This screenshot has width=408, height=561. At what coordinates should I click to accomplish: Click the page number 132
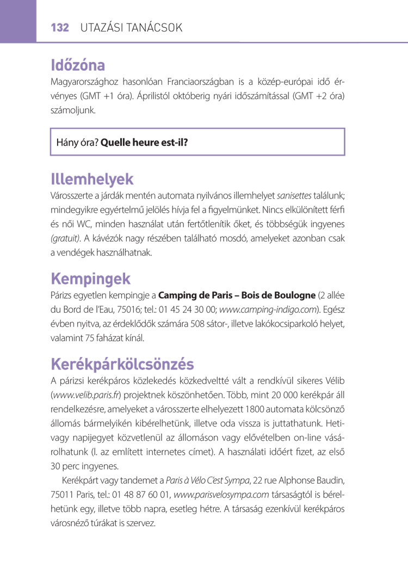60,27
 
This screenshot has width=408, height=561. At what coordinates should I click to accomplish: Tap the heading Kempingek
90,279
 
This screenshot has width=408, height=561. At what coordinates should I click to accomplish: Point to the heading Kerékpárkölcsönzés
122,363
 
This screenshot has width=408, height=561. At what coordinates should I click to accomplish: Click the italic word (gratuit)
65,238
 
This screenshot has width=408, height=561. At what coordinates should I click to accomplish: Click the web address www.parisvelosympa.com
221,495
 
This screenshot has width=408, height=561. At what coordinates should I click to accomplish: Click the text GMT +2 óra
319,96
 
